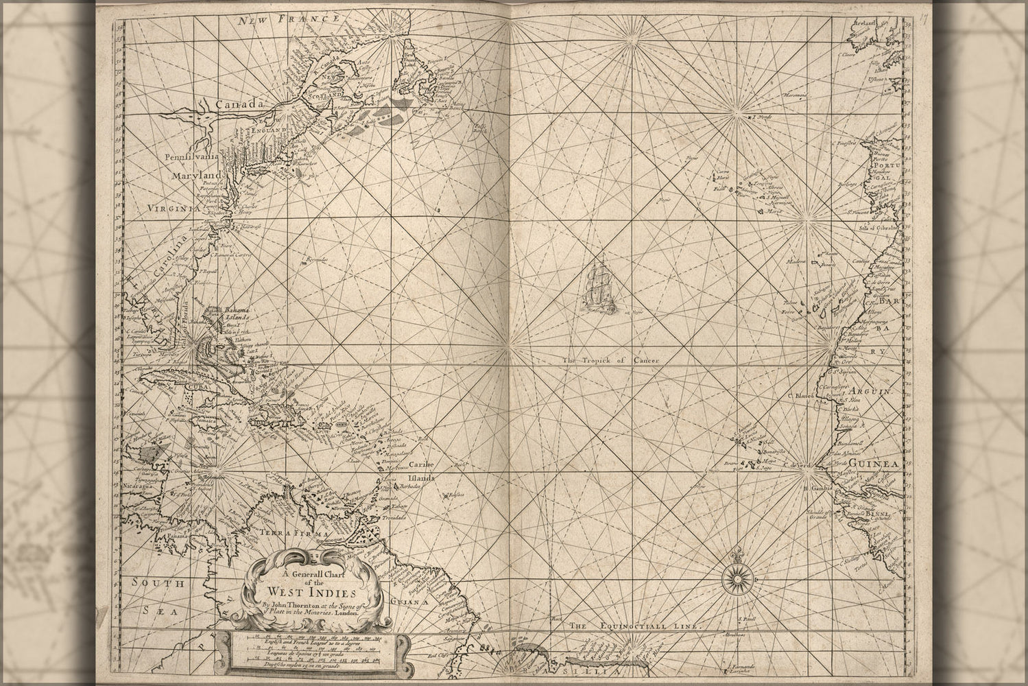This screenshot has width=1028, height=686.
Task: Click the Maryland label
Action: (188, 177)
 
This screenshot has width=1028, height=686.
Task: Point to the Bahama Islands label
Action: (239, 315)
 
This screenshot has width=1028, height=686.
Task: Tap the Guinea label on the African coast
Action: (875, 465)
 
